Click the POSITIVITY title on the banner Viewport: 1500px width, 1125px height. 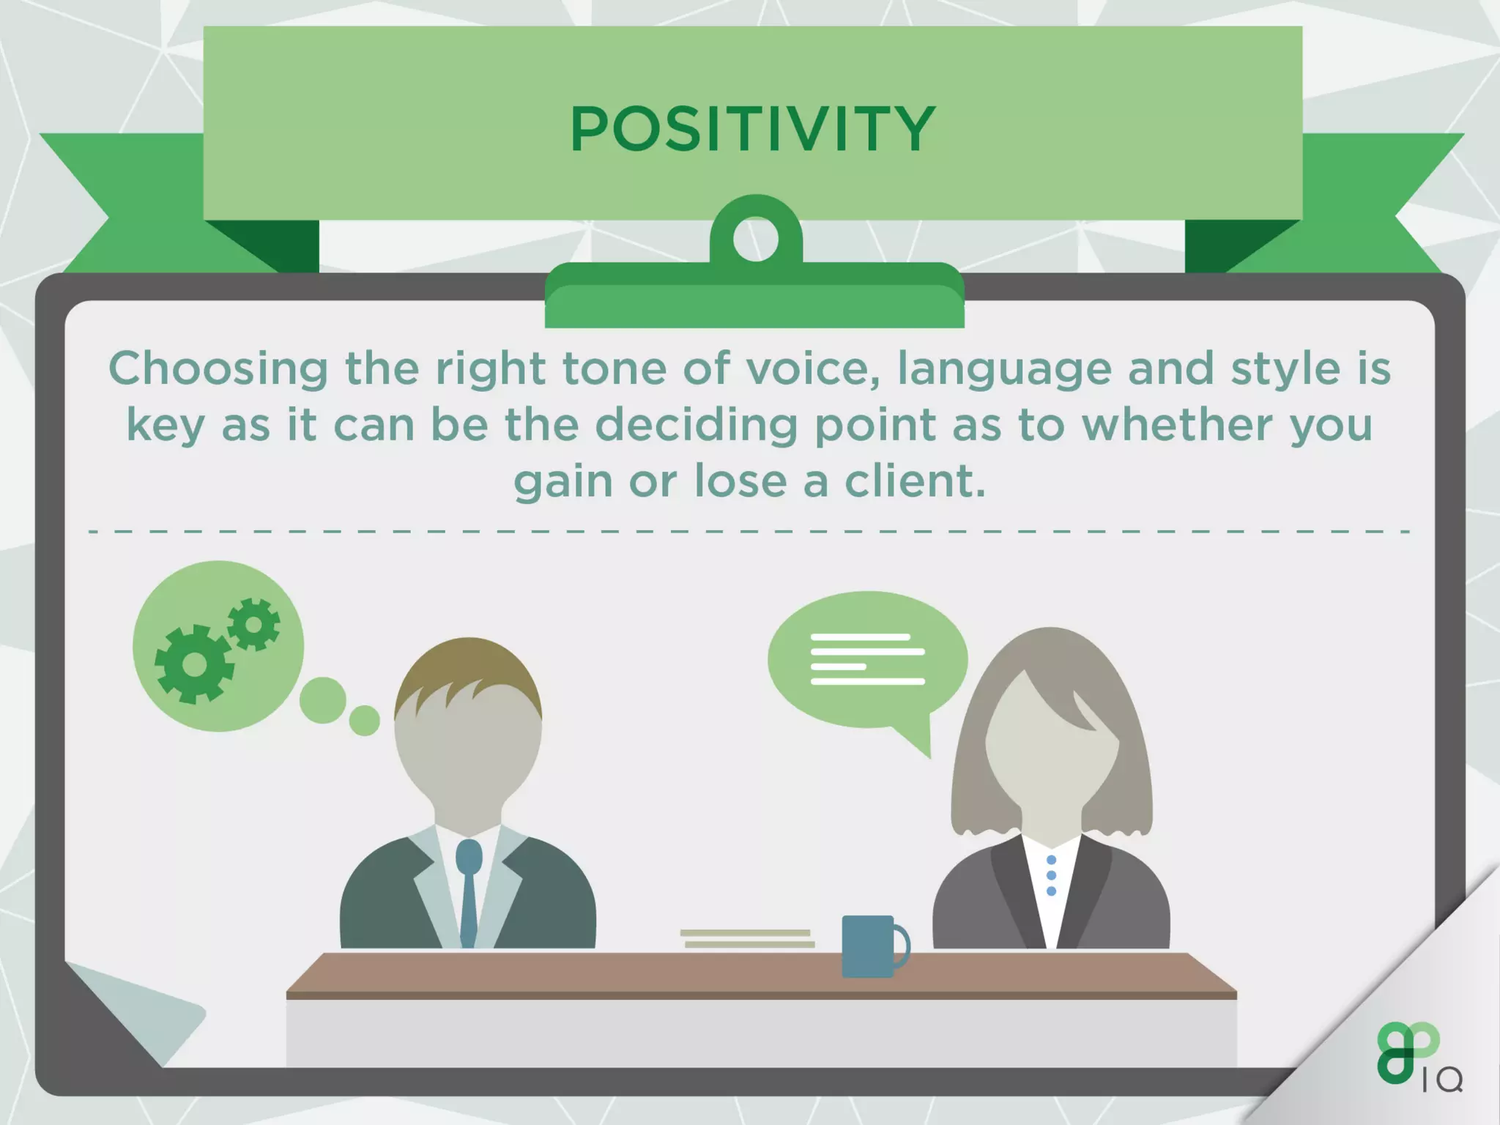tap(752, 129)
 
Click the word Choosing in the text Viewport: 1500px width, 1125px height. tap(218, 369)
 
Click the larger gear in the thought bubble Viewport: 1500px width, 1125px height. tap(194, 664)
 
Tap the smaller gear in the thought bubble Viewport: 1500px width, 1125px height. tap(253, 624)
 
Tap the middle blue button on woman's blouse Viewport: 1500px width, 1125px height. tap(1051, 875)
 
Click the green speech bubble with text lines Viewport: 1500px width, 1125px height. tap(868, 659)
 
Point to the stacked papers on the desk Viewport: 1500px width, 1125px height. tap(747, 938)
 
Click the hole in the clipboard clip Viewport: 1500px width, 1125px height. tap(755, 239)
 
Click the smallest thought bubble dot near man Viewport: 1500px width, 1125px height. tap(364, 721)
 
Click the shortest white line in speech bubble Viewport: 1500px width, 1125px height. tap(839, 667)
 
